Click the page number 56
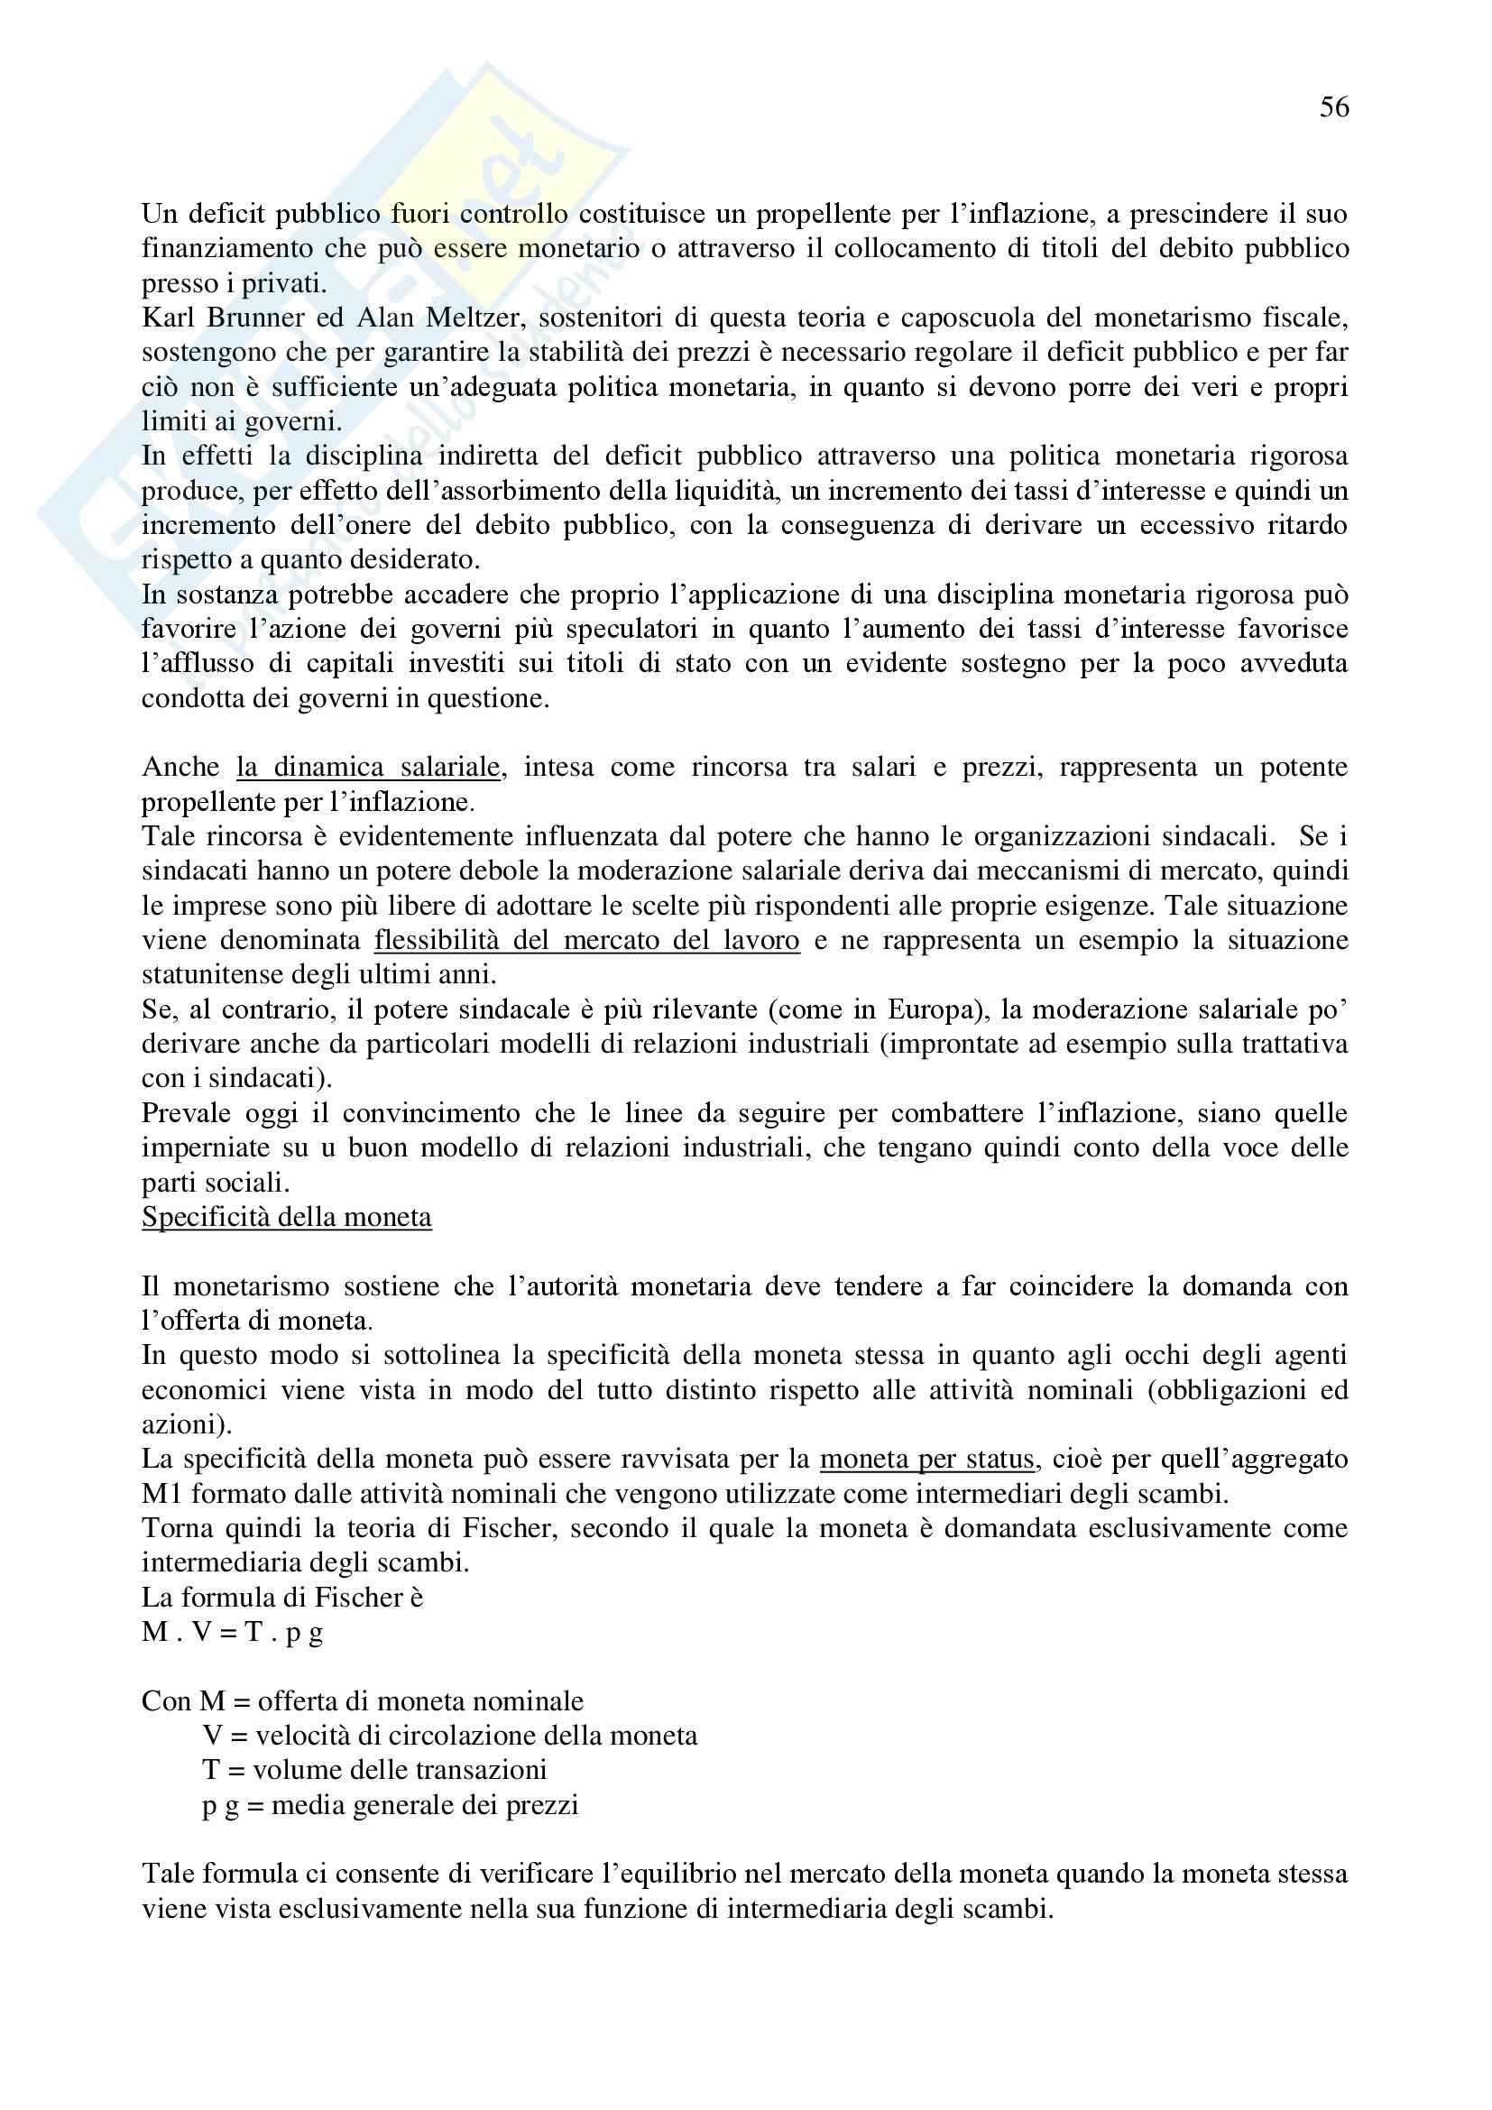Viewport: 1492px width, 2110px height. (1334, 107)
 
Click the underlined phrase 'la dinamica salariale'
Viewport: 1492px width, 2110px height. (368, 767)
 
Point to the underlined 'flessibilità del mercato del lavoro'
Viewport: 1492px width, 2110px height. (586, 940)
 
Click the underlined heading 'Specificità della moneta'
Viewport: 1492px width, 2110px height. (287, 1217)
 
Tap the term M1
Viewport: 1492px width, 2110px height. (161, 1493)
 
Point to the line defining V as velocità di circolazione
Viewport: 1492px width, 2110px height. (450, 1735)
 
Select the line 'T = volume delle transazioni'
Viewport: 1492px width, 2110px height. (375, 1770)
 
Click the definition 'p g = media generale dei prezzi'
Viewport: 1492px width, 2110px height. (391, 1805)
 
